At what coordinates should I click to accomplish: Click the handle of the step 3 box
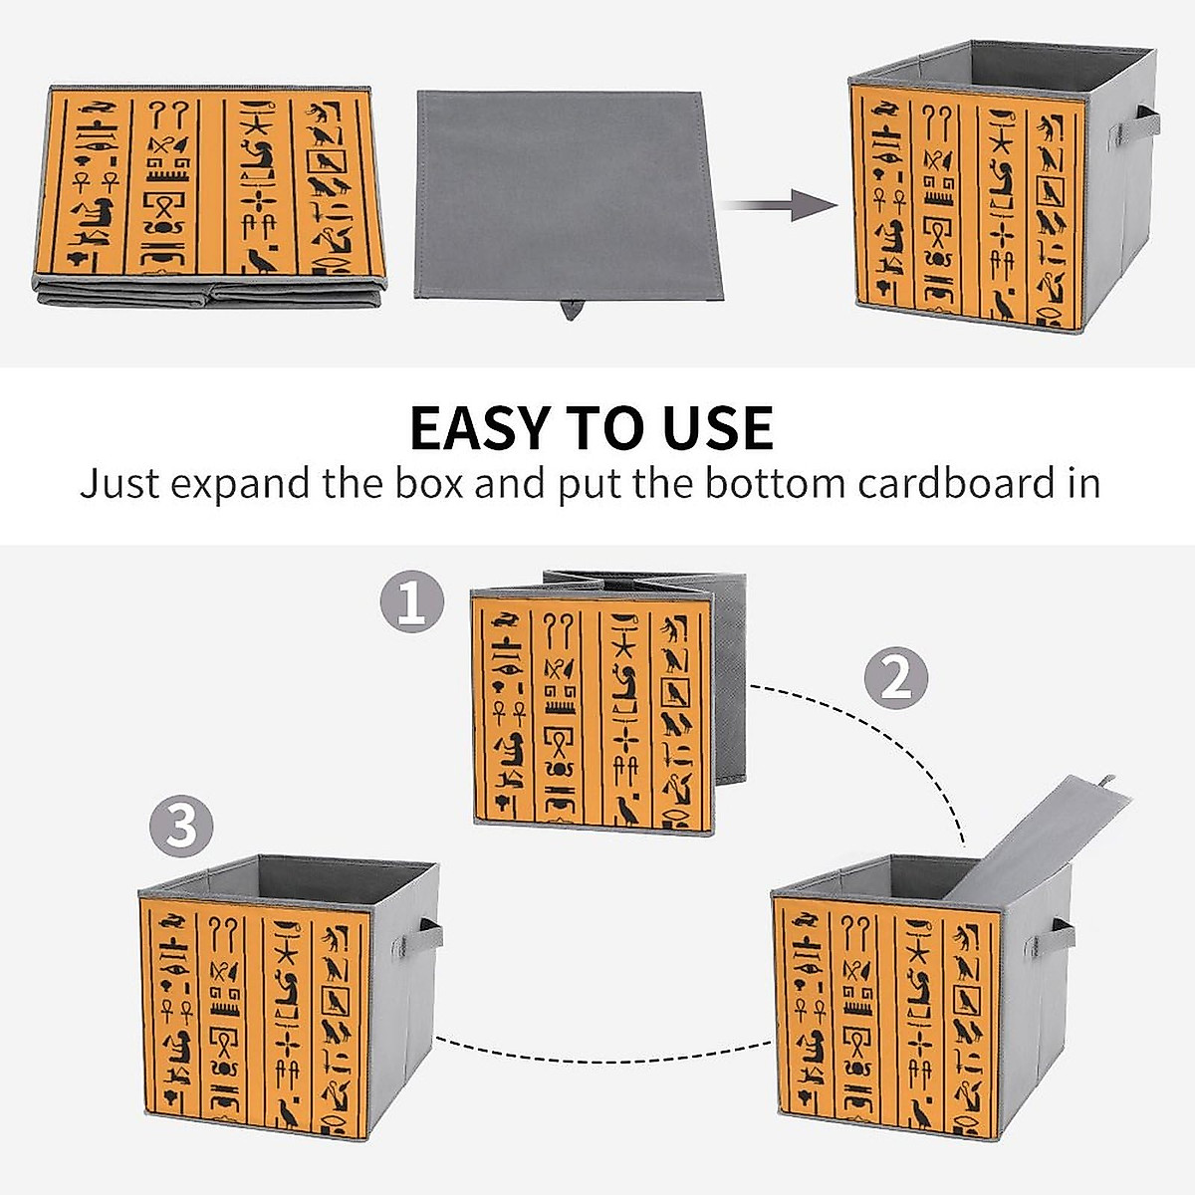430,935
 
